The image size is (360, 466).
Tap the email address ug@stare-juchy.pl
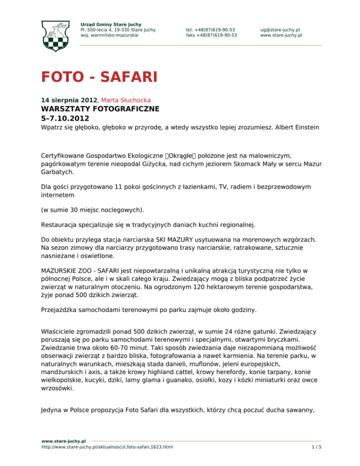(281, 29)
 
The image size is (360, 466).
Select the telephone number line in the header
(210, 29)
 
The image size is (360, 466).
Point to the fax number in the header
(211, 35)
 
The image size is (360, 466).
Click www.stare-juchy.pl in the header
(281, 35)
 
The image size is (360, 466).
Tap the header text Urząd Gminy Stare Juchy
(111, 24)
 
